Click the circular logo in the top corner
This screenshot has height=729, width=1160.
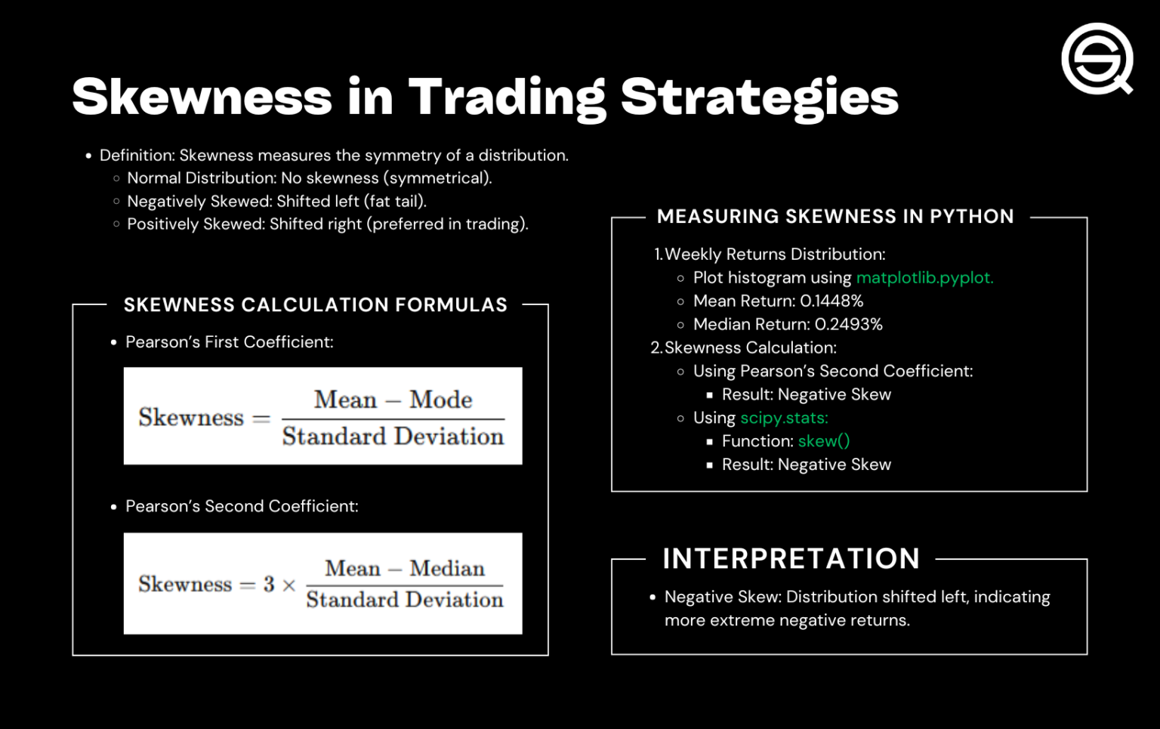(x=1097, y=58)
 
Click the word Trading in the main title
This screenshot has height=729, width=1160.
(x=507, y=97)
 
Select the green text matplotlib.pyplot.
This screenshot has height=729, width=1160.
(x=924, y=278)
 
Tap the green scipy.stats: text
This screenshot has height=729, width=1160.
(x=784, y=418)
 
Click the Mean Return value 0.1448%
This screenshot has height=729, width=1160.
(x=831, y=301)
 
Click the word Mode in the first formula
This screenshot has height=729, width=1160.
(x=441, y=399)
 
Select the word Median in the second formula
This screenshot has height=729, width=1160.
(x=447, y=568)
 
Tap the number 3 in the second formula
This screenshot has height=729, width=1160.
(x=269, y=584)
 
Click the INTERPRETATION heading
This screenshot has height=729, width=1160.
(x=791, y=559)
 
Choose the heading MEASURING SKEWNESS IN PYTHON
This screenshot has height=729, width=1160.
(x=835, y=217)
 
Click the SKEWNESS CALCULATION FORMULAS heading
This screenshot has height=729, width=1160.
(x=315, y=305)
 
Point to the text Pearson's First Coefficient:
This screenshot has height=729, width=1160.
(x=229, y=342)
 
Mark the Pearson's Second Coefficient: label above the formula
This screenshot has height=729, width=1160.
(x=242, y=506)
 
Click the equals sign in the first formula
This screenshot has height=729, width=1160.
(x=261, y=418)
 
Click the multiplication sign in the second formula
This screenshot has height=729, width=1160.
(x=288, y=585)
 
